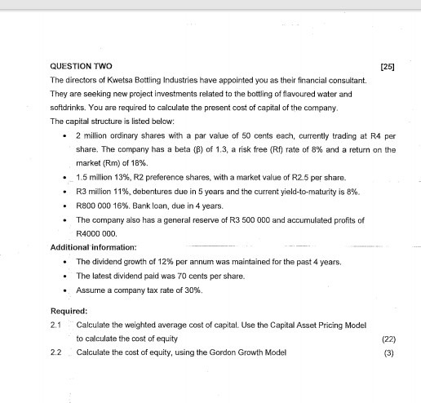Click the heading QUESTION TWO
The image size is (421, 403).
tap(82, 65)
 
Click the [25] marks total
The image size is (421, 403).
tap(388, 65)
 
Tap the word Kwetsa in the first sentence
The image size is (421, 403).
tap(123, 81)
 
